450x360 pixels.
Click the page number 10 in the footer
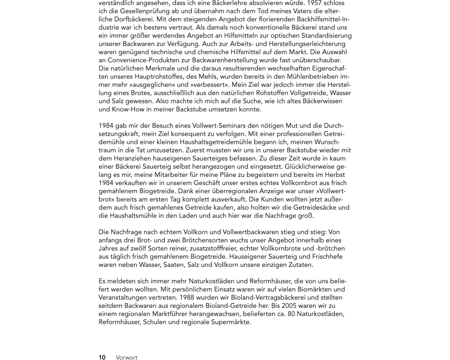102,357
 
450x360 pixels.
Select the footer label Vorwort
126,357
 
